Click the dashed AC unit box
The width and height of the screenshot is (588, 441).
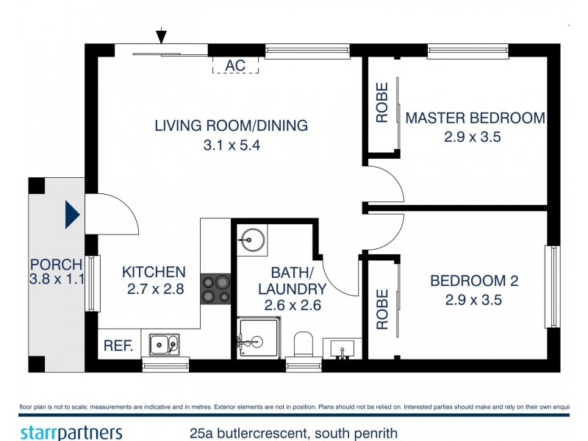(235, 65)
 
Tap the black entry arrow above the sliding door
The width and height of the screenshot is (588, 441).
(162, 36)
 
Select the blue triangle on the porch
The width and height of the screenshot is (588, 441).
(72, 215)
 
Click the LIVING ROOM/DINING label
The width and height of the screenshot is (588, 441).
(231, 126)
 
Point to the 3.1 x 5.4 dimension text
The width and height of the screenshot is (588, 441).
(232, 146)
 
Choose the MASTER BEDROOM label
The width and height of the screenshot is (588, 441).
(475, 118)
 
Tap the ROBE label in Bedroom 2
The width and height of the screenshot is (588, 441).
(381, 309)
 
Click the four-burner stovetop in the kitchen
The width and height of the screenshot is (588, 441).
(215, 287)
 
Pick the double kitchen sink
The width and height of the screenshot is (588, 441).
(163, 343)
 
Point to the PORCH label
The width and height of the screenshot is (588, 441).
(56, 264)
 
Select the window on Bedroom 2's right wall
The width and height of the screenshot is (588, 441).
(552, 287)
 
